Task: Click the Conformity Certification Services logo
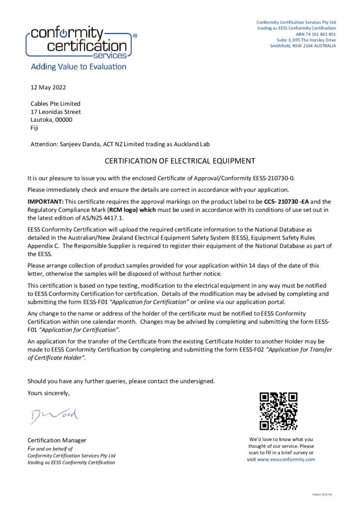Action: [80, 43]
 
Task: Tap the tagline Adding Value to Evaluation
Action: [79, 67]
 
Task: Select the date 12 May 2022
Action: [45, 87]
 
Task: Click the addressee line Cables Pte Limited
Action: [55, 103]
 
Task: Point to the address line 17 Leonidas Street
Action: [56, 112]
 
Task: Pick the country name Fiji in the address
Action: [35, 128]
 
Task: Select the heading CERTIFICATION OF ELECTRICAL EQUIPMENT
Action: [180, 161]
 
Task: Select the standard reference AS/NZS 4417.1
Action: [100, 218]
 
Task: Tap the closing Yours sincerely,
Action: [49, 393]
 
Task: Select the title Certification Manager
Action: [57, 440]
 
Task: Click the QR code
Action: [278, 411]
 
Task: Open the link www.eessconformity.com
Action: [286, 459]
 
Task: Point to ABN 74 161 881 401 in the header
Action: [316, 34]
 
